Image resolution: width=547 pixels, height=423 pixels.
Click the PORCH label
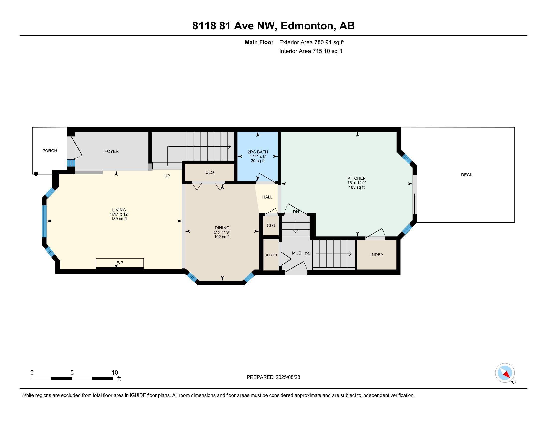pos(49,151)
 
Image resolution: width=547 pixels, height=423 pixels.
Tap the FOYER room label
pos(111,151)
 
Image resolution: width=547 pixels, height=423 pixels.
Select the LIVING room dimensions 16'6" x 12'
pos(119,214)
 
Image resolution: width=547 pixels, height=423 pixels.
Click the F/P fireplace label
pos(120,263)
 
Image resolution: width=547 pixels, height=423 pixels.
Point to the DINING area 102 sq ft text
pos(222,237)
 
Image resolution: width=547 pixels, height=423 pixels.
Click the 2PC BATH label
pos(258,152)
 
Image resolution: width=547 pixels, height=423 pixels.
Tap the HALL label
pos(267,197)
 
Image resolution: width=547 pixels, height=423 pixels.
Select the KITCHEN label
pos(356,178)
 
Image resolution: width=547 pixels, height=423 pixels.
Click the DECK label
pos(467,175)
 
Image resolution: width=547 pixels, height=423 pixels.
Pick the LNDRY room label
pos(376,255)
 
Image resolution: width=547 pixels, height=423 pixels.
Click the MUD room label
pos(297,253)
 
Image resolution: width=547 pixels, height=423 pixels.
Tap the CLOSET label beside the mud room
pos(271,255)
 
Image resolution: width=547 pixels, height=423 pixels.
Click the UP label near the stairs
pos(167,176)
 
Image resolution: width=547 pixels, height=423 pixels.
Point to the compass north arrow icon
pos(505,373)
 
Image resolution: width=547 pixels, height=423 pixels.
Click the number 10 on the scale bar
pos(115,373)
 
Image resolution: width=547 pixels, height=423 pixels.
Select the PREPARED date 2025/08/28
pos(287,377)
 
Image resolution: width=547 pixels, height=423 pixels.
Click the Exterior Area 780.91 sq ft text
pos(312,42)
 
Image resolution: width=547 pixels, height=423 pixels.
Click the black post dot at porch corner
pos(36,174)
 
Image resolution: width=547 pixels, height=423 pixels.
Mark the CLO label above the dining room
pos(209,172)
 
